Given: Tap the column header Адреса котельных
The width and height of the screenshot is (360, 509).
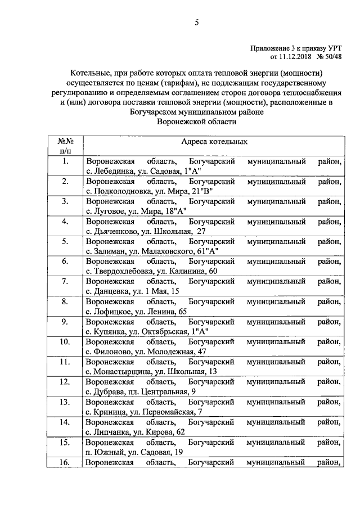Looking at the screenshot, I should [x=214, y=142].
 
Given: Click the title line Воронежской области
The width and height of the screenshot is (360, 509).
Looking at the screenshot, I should [x=196, y=121].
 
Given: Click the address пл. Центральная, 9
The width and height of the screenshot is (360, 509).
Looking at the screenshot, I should [x=165, y=392].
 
